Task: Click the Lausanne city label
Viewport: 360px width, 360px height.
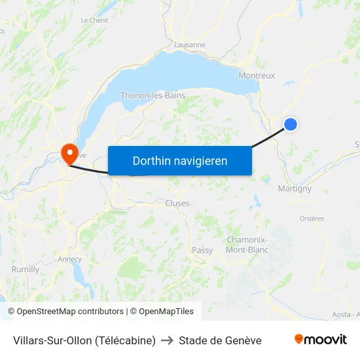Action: (x=190, y=45)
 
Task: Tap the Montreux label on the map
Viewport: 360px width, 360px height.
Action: (x=257, y=75)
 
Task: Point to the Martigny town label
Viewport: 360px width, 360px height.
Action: (x=295, y=189)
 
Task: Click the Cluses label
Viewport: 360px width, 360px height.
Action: (x=177, y=203)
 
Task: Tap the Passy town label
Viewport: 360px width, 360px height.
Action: (x=202, y=250)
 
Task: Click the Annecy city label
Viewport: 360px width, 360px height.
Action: (x=70, y=259)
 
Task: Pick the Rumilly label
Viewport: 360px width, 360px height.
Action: (x=26, y=269)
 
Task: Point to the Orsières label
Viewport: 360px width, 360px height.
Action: (x=312, y=219)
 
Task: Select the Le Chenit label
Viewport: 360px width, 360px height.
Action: (x=94, y=21)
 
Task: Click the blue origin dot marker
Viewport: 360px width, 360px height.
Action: (x=291, y=124)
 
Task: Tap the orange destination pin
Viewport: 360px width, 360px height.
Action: (x=69, y=153)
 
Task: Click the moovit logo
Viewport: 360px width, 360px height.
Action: (x=321, y=340)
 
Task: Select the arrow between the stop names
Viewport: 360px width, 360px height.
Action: (x=167, y=340)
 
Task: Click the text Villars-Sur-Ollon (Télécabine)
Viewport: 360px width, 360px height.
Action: (x=84, y=340)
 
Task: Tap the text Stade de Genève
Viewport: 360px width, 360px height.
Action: (x=220, y=340)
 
